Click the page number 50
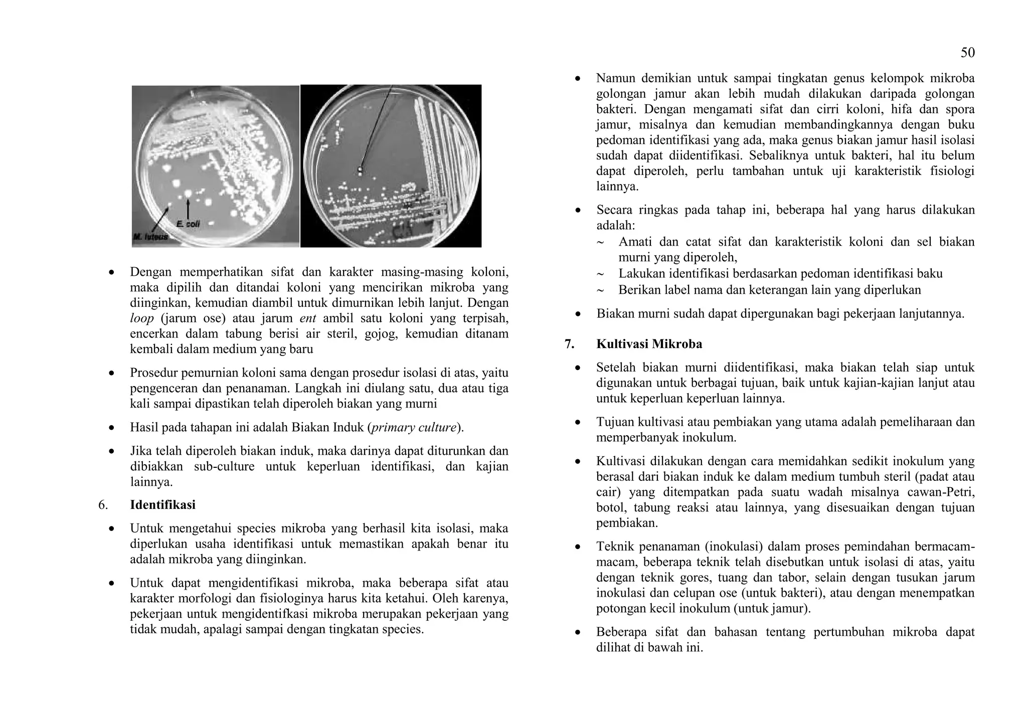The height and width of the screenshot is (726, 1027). [x=967, y=53]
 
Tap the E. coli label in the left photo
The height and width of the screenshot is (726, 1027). [x=188, y=224]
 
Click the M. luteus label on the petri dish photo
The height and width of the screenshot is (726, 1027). [x=151, y=236]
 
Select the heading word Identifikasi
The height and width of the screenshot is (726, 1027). [x=162, y=505]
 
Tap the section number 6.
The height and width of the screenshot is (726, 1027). [x=103, y=505]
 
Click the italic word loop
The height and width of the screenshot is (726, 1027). [x=142, y=318]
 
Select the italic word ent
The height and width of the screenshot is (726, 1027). [x=307, y=318]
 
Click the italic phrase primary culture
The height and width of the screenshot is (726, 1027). [x=414, y=428]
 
